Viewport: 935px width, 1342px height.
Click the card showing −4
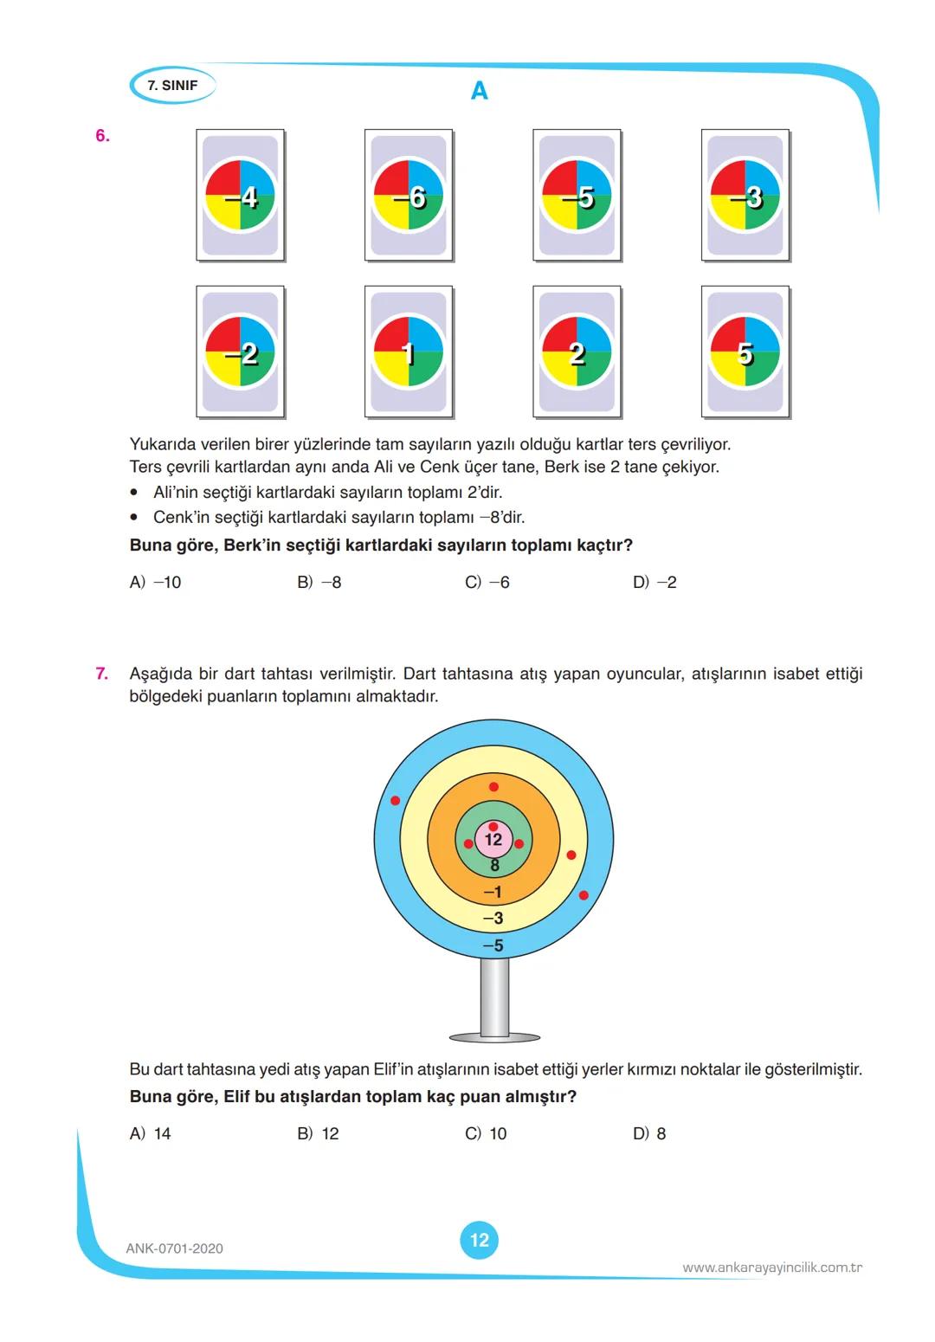pyautogui.click(x=241, y=196)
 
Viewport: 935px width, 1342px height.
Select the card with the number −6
pyautogui.click(x=409, y=196)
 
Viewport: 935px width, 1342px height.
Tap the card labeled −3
pyautogui.click(x=745, y=196)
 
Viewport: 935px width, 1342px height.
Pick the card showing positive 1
pyautogui.click(x=409, y=353)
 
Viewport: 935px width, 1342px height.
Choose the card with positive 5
pyautogui.click(x=745, y=353)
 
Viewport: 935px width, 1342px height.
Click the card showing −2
pyautogui.click(x=241, y=353)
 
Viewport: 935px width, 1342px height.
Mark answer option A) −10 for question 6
pyautogui.click(x=156, y=583)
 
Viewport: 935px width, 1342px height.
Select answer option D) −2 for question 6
pyautogui.click(x=654, y=583)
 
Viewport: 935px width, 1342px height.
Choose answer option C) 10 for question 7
pyautogui.click(x=487, y=1134)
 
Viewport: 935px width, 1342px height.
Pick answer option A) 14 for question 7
pyautogui.click(x=151, y=1134)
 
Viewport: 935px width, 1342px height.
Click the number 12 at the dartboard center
pyautogui.click(x=493, y=840)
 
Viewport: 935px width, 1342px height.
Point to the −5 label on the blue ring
pyautogui.click(x=493, y=946)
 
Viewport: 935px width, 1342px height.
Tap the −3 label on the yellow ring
pyautogui.click(x=493, y=919)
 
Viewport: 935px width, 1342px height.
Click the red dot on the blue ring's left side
pyautogui.click(x=396, y=801)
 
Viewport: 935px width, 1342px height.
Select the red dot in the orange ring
pyautogui.click(x=493, y=787)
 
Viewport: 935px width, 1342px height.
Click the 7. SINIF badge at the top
pyautogui.click(x=172, y=86)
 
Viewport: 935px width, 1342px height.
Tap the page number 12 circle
pyautogui.click(x=480, y=1240)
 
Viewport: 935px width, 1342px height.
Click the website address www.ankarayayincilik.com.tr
pyautogui.click(x=772, y=1268)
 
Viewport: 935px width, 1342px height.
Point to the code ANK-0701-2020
pyautogui.click(x=174, y=1248)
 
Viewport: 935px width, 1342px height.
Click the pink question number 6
pyautogui.click(x=102, y=136)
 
